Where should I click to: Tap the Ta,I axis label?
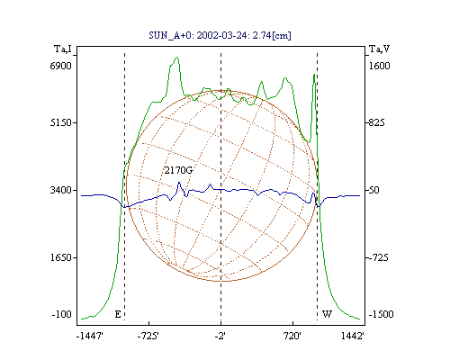63,49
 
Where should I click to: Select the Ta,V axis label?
379,49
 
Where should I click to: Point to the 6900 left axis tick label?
61,66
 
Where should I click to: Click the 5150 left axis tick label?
61,122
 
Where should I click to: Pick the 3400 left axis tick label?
61,190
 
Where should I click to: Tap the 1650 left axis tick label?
61,257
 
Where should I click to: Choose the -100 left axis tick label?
61,314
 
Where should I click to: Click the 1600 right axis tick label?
379,66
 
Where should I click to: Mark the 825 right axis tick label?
376,122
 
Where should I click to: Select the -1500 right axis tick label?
381,314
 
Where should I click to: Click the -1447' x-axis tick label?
90,336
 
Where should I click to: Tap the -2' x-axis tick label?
220,336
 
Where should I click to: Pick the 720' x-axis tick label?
292,336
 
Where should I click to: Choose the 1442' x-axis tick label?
353,336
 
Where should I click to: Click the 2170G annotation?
178,170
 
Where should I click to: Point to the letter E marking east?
118,314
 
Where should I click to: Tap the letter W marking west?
327,314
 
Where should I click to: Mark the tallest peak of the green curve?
177,57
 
